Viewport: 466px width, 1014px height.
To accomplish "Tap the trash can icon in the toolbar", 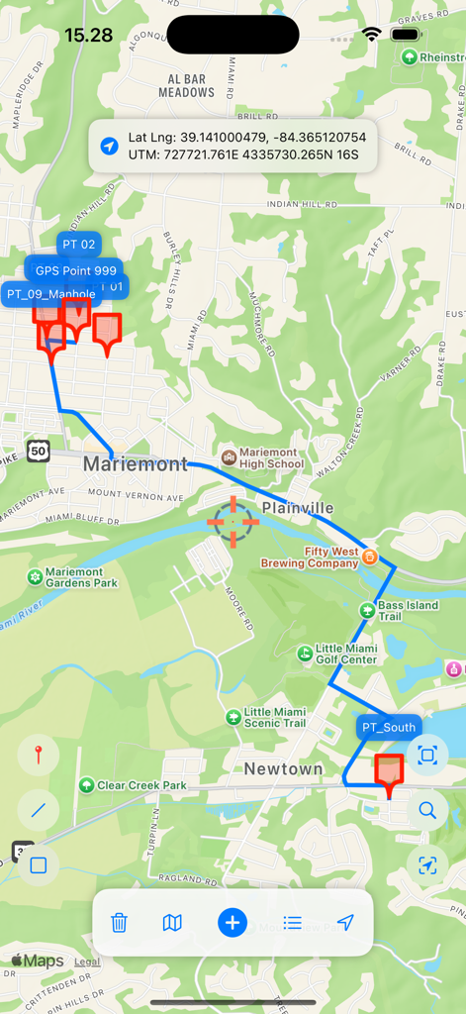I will [x=119, y=923].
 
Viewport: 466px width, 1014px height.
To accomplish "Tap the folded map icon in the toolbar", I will [x=172, y=923].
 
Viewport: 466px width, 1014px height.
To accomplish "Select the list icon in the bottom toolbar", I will [x=292, y=923].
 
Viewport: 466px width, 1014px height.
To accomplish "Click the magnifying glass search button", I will [x=427, y=810].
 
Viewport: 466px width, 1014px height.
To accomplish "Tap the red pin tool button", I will [x=39, y=757].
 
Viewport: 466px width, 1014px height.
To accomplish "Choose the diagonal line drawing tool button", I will [x=39, y=810].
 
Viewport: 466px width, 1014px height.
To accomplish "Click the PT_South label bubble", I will [x=389, y=728].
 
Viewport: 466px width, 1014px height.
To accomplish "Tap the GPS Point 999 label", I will [x=76, y=270].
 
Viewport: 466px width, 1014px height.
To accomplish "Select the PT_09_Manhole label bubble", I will [x=50, y=294].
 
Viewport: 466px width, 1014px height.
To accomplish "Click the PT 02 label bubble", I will [x=79, y=244].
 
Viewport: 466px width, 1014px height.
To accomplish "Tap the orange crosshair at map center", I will [x=233, y=522].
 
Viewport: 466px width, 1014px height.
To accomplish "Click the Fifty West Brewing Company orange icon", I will [x=369, y=557].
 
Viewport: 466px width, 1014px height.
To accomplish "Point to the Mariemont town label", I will [x=136, y=463].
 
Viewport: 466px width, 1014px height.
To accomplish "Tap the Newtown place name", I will [x=283, y=768].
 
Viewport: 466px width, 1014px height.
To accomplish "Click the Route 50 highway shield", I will [x=39, y=452].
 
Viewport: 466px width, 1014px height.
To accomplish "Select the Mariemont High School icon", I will [x=230, y=456].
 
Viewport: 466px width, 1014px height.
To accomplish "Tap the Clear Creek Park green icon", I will [x=87, y=785].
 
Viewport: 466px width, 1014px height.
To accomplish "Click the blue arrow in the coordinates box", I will [x=110, y=146].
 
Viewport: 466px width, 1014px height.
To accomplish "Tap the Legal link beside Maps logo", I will [x=87, y=962].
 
